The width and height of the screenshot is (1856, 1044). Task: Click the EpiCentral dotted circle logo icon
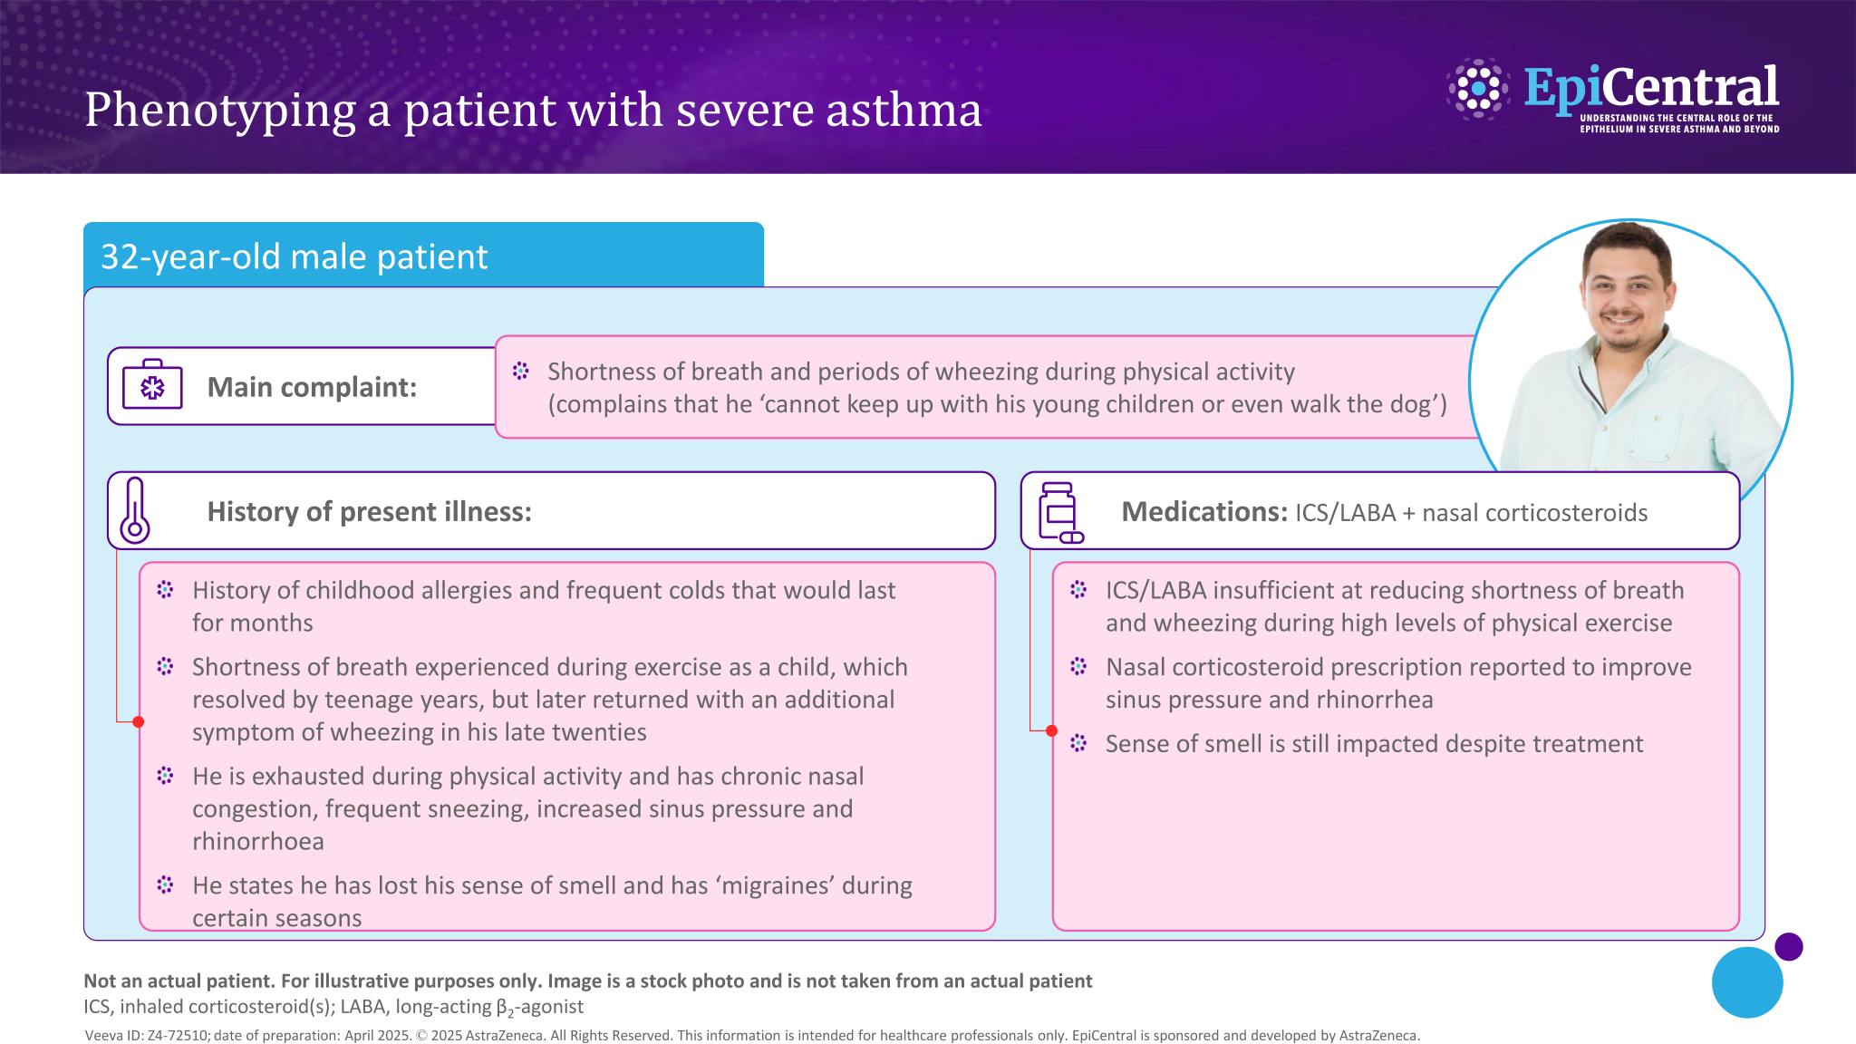(x=1478, y=89)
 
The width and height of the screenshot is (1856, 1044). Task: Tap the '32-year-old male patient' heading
(x=294, y=256)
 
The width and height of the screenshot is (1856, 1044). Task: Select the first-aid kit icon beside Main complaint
(x=152, y=385)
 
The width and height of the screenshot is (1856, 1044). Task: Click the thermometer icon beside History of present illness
(x=134, y=510)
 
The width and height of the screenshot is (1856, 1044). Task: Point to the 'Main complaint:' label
(x=312, y=387)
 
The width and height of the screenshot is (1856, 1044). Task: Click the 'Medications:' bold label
(x=1204, y=512)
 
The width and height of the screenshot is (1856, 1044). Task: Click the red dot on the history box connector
(x=138, y=722)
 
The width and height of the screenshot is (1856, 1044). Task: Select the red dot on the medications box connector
(x=1051, y=730)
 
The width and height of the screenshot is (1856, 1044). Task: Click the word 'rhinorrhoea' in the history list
(x=258, y=841)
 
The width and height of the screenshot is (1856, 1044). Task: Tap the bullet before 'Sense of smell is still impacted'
(x=1078, y=743)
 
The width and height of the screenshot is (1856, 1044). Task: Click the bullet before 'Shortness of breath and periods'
(x=520, y=371)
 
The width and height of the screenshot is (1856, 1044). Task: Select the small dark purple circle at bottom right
(x=1788, y=947)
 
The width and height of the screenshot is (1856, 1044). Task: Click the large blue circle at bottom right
(x=1747, y=982)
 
